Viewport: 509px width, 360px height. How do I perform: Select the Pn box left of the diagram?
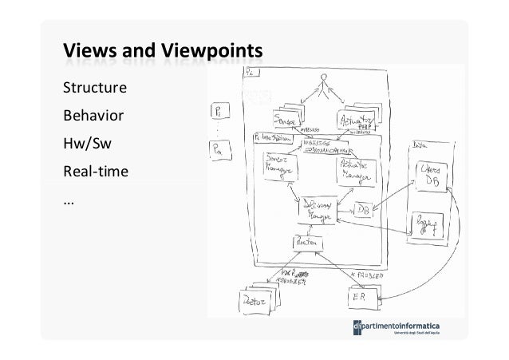coord(217,148)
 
